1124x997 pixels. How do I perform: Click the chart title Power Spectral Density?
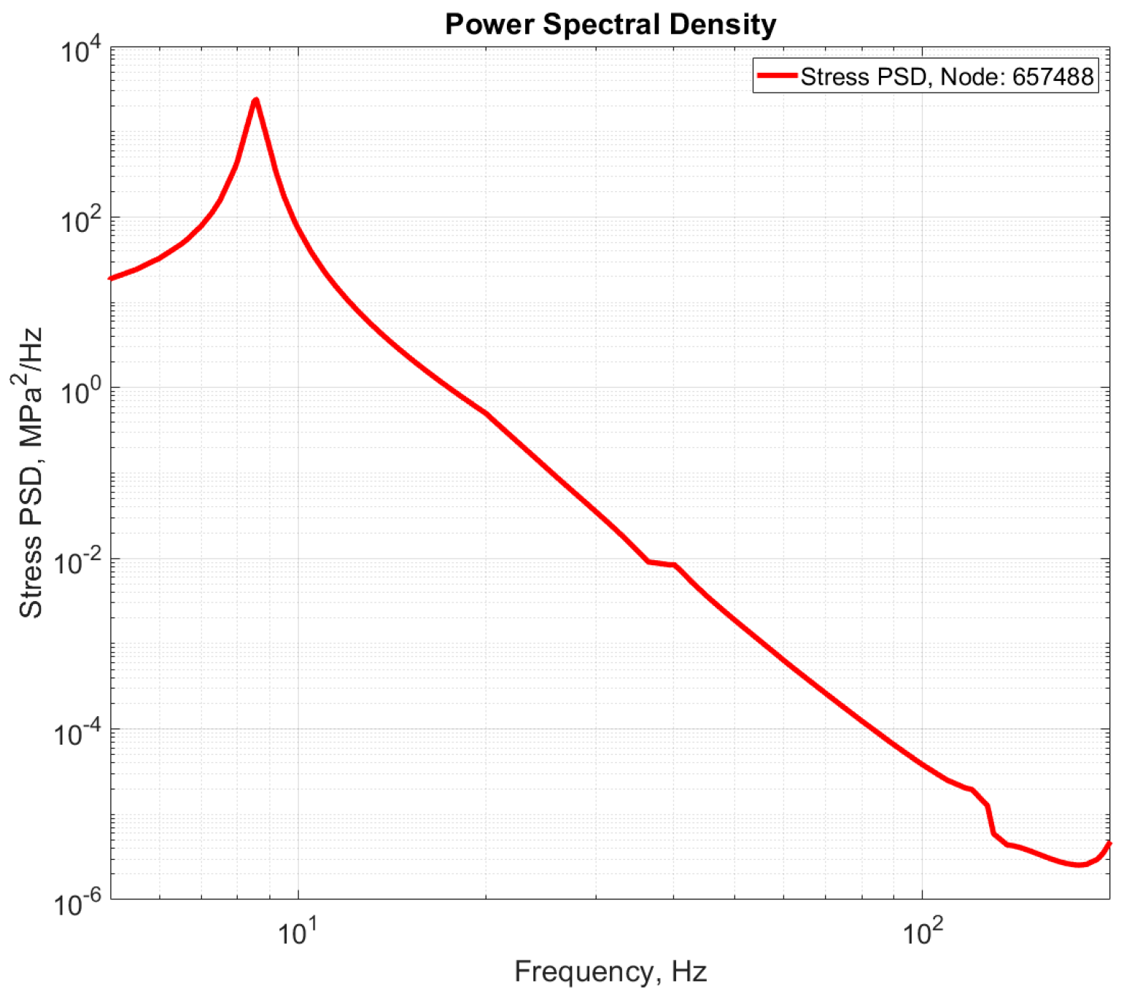point(611,25)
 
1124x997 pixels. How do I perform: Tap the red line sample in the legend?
point(776,75)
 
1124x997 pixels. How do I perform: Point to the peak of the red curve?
point(255,100)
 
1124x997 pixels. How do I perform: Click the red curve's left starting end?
point(111,278)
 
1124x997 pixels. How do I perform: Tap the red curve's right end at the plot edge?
point(1109,843)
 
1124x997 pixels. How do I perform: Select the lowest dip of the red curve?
point(1080,865)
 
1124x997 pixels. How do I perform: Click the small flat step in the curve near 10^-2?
point(662,563)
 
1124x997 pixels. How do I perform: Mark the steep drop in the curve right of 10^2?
point(991,820)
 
